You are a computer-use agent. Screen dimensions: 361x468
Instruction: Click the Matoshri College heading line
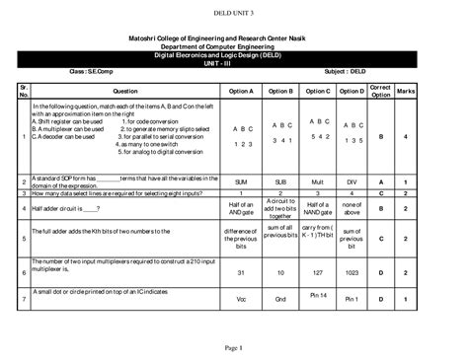point(233,36)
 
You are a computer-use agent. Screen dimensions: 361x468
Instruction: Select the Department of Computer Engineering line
point(233,46)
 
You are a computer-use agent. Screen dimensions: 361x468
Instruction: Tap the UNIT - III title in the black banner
point(233,65)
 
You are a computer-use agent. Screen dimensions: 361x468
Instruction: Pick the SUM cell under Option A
point(241,182)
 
